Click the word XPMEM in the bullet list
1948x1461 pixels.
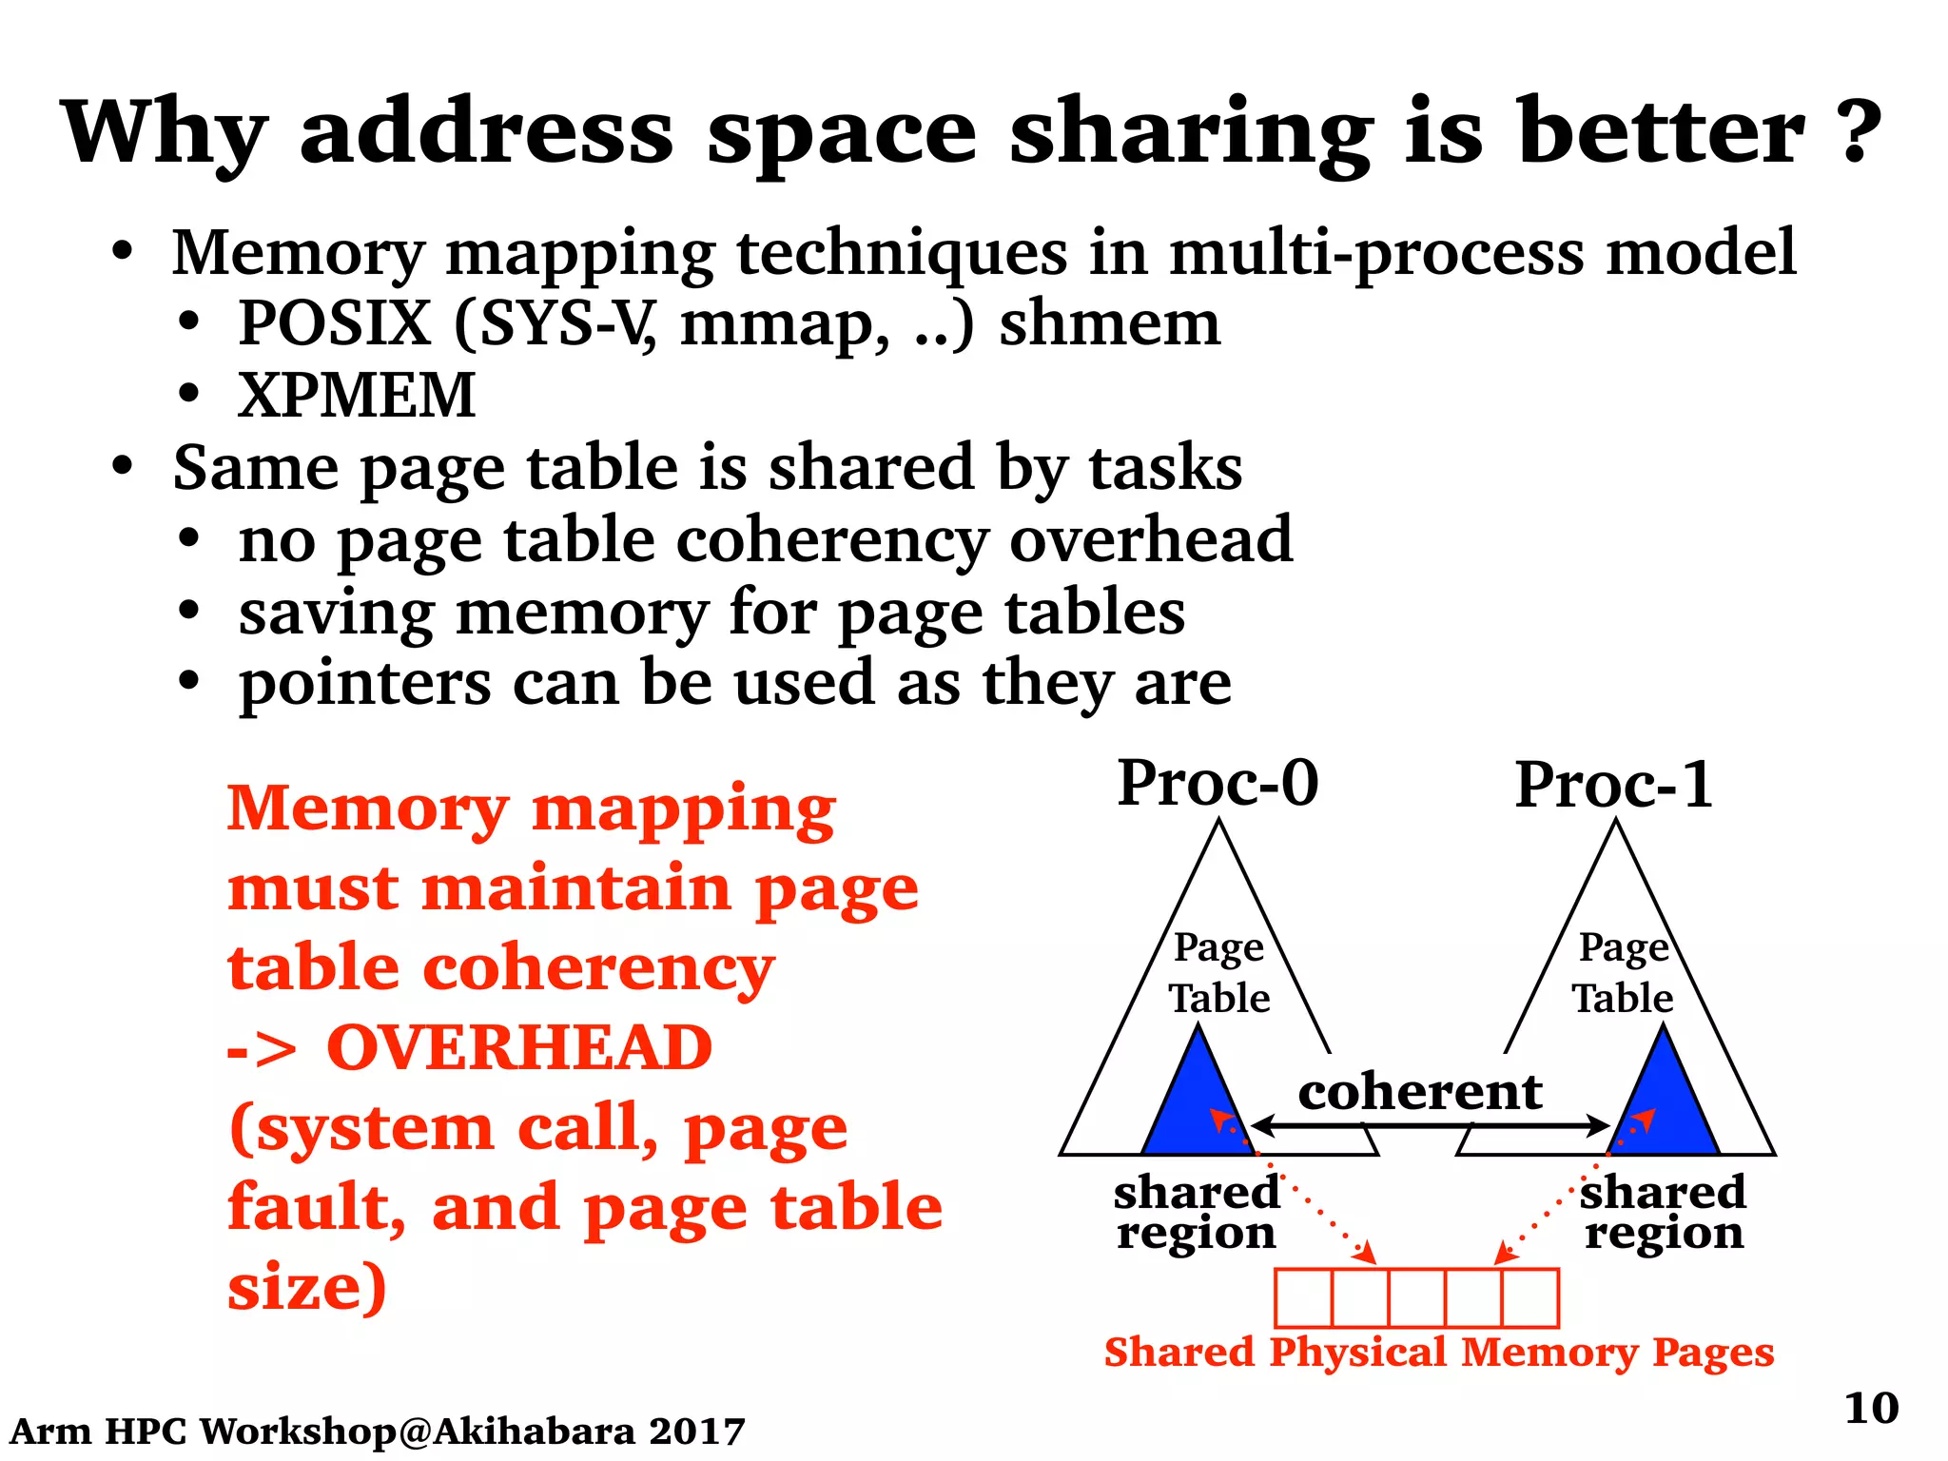tap(357, 395)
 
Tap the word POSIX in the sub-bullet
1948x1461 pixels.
tap(335, 323)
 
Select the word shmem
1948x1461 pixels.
tap(1109, 323)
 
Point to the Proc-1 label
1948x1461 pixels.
tap(1614, 786)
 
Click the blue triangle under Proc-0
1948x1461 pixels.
tap(1198, 1103)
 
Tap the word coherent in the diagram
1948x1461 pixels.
tap(1419, 1091)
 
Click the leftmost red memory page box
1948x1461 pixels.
tap(1303, 1297)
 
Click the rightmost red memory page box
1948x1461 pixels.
tap(1529, 1297)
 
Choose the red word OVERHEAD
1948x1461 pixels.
tap(519, 1047)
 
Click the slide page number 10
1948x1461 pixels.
tap(1871, 1408)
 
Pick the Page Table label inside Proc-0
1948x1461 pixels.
tap(1218, 972)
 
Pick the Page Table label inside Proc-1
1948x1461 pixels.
tap(1623, 972)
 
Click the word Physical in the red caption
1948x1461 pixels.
tap(1357, 1353)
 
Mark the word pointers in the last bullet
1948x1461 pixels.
tap(365, 684)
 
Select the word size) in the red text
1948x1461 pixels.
tap(307, 1287)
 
